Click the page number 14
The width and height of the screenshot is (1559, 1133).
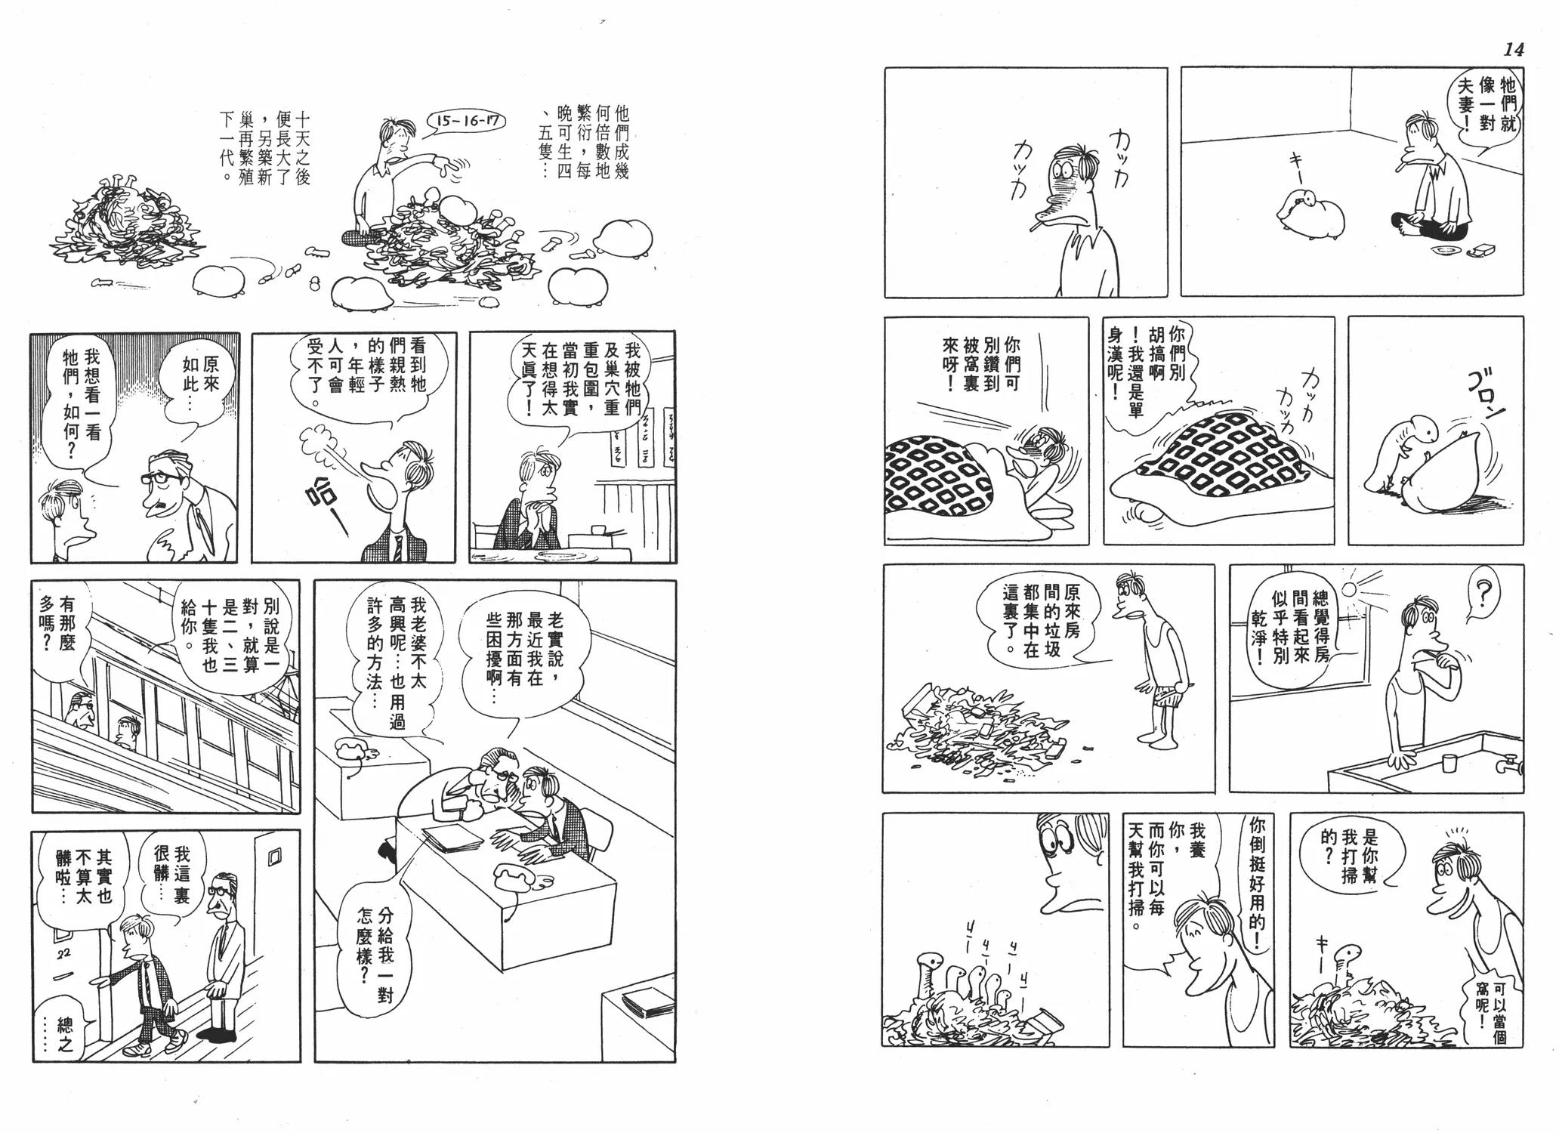click(1513, 50)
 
